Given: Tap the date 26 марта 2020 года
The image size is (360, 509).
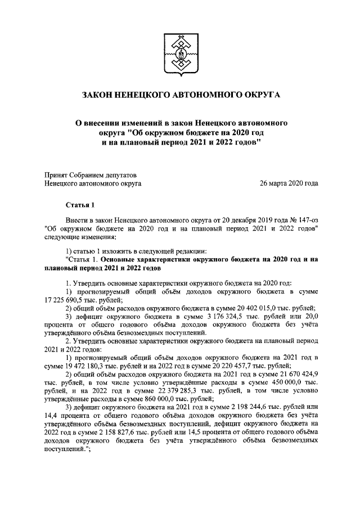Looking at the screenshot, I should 289,183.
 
